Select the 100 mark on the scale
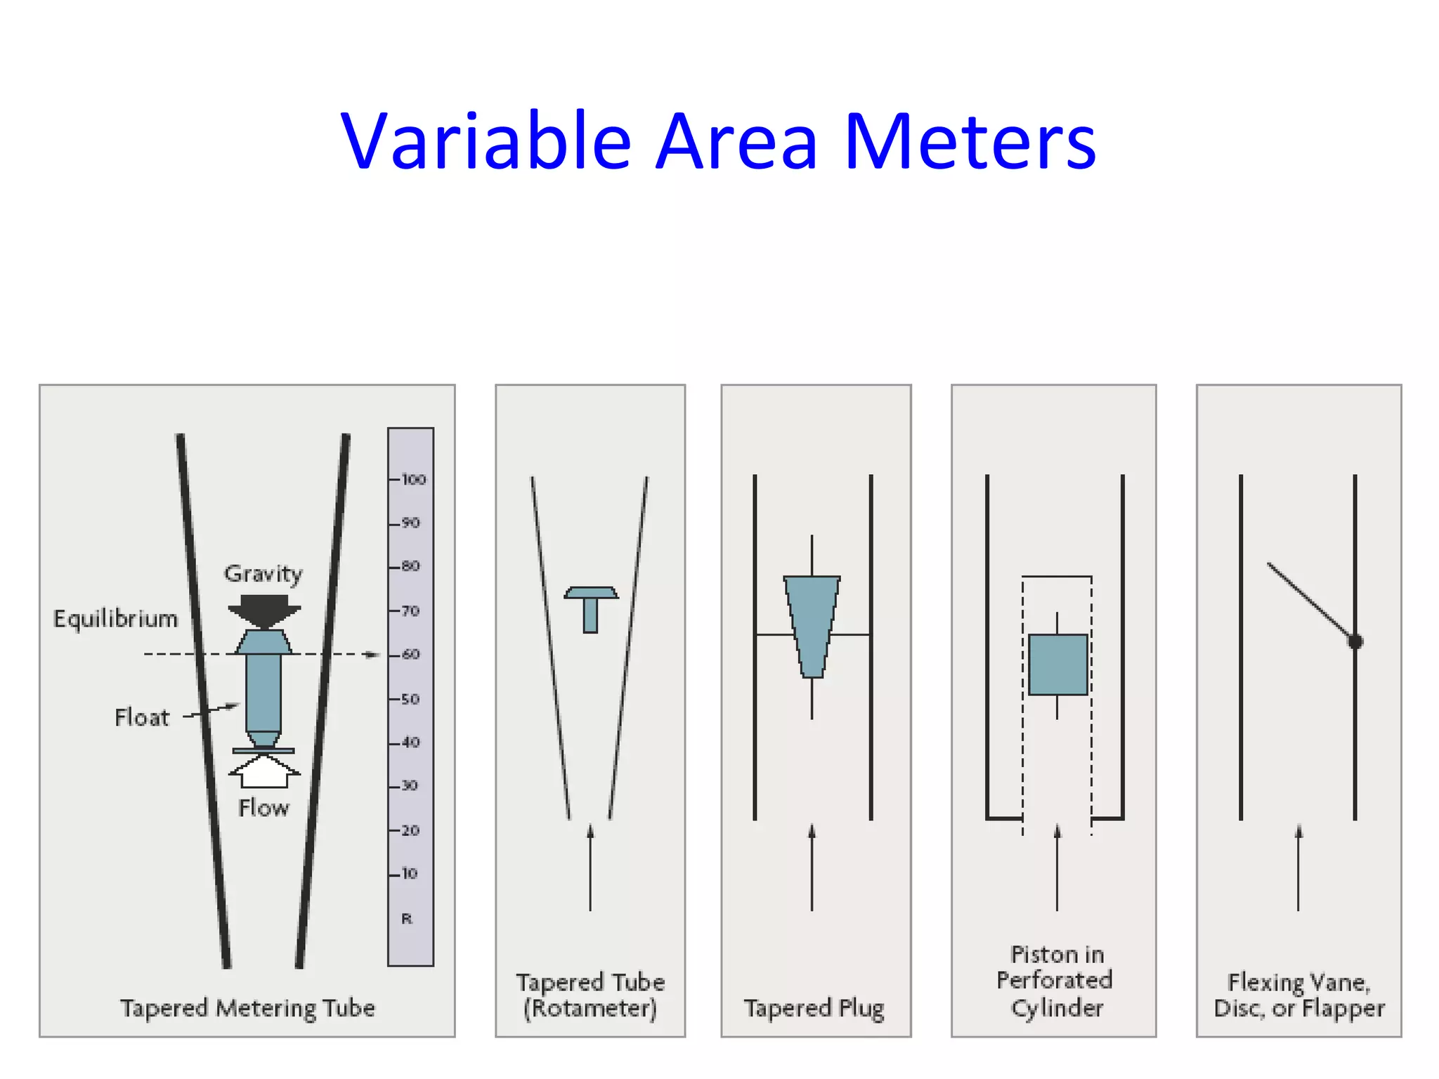click(x=413, y=480)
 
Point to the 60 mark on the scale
click(x=410, y=655)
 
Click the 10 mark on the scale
click(x=409, y=874)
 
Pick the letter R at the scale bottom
click(x=407, y=919)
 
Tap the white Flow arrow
click(x=264, y=771)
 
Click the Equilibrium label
click(x=116, y=620)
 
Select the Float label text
click(x=142, y=718)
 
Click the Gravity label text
click(x=263, y=574)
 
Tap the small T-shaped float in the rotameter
click(x=591, y=608)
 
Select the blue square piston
click(x=1057, y=665)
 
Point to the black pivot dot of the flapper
click(x=1355, y=641)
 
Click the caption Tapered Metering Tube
click(x=247, y=1009)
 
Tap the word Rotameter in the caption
click(x=590, y=1009)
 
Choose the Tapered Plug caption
click(x=814, y=1009)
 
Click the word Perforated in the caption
click(x=1054, y=981)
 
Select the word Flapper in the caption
click(x=1343, y=1009)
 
